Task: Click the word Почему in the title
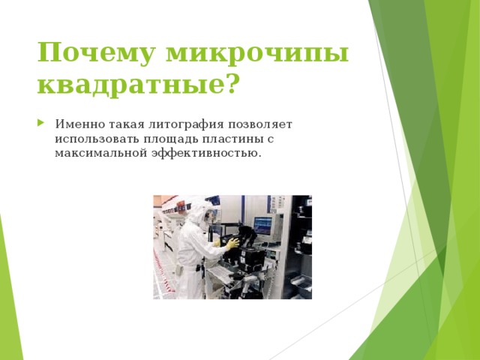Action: click(x=95, y=54)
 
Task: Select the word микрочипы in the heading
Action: click(x=258, y=54)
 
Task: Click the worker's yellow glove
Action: click(x=232, y=244)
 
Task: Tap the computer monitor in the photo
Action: click(x=263, y=224)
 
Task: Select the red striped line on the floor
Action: click(x=160, y=274)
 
